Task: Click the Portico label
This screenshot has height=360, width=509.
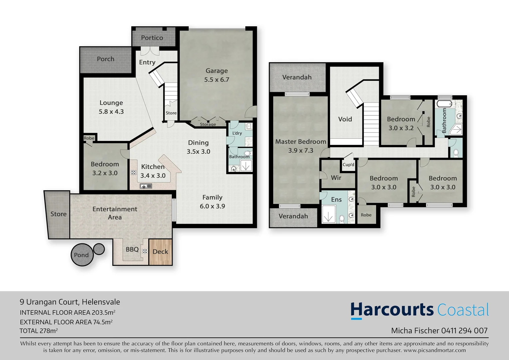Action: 152,38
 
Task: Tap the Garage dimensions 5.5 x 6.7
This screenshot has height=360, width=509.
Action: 217,80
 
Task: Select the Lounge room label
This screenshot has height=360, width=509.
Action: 111,103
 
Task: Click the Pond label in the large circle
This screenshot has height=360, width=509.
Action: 81,255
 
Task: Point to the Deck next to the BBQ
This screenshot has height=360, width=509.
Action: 160,252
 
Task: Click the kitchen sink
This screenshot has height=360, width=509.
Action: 146,186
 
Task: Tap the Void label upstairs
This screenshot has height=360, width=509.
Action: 345,119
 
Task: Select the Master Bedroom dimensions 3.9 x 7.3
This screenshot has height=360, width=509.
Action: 300,150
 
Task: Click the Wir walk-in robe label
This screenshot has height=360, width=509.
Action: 336,178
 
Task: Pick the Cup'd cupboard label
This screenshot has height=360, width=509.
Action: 348,165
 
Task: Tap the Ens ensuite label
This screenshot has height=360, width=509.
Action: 336,199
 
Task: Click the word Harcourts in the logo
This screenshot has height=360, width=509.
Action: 392,310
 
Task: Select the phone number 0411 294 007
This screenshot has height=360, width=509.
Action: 464,331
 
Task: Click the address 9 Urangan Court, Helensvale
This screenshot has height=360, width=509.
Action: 70,302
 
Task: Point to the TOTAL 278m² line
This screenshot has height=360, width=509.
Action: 39,331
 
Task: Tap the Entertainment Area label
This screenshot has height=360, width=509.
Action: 115,213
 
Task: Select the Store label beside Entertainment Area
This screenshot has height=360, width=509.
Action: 58,214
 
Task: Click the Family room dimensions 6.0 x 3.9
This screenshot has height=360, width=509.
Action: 212,206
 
